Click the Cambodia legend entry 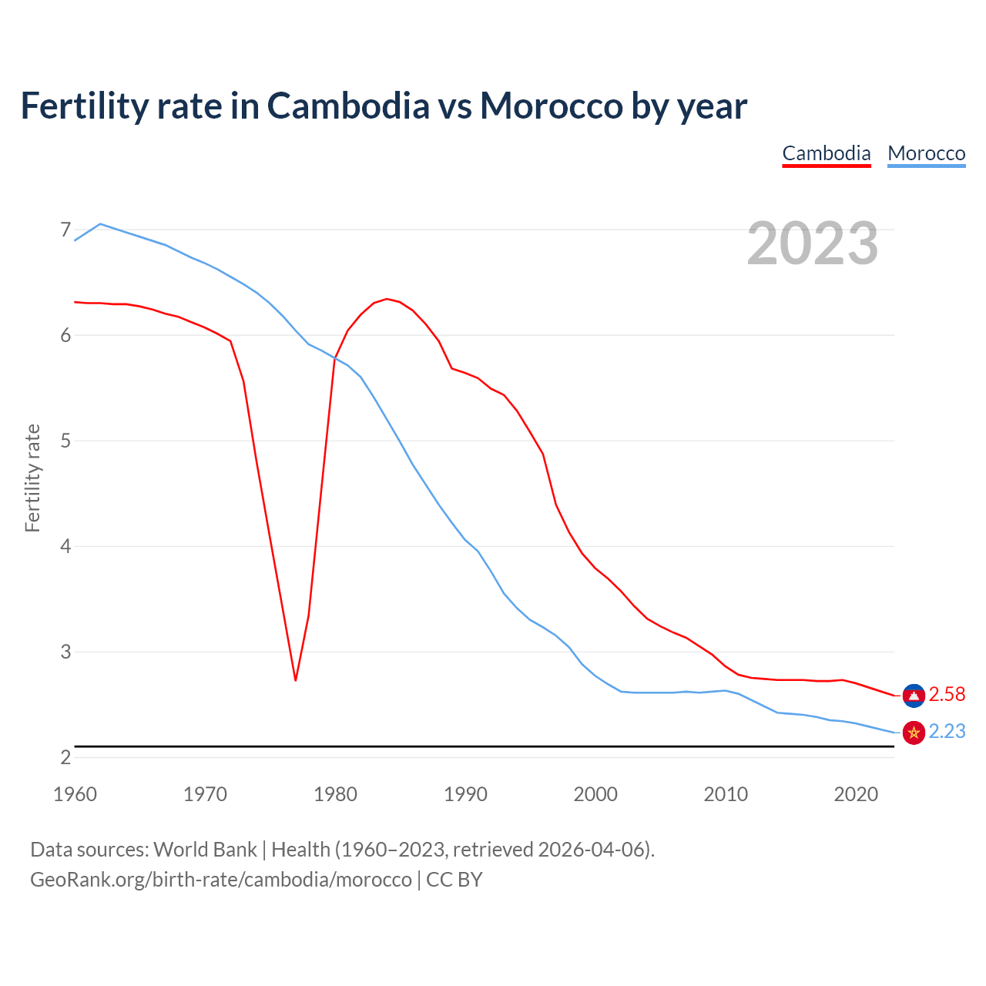[x=826, y=153]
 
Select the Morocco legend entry [x=926, y=153]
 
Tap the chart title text [x=384, y=106]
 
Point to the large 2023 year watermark [x=812, y=243]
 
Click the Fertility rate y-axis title [x=32, y=478]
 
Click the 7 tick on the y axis [x=65, y=230]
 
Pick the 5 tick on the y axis [x=65, y=441]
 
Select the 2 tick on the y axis [x=65, y=757]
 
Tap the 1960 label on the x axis [x=75, y=794]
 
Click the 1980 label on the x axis [x=335, y=794]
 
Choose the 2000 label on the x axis [x=595, y=794]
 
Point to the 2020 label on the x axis [x=856, y=794]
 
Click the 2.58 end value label [x=947, y=695]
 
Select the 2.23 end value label [x=947, y=732]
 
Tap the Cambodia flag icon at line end [x=914, y=696]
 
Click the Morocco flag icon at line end [x=914, y=733]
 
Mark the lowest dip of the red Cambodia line [x=296, y=680]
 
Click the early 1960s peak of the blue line [x=100, y=223]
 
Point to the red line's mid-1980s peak [x=387, y=299]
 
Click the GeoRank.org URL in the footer [x=221, y=880]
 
